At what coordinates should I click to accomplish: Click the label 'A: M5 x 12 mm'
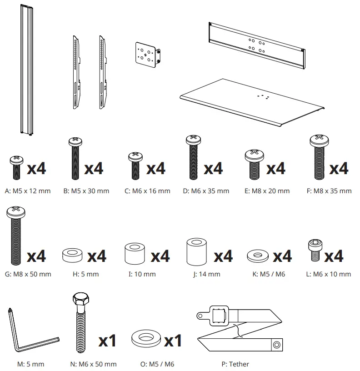tap(27, 191)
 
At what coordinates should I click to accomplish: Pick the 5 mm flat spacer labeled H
tap(72, 255)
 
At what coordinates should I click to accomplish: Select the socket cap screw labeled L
tap(314, 251)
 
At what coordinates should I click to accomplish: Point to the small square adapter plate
tap(146, 55)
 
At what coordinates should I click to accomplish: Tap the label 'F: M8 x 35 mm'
tap(329, 191)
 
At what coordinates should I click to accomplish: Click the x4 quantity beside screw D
tap(213, 169)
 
